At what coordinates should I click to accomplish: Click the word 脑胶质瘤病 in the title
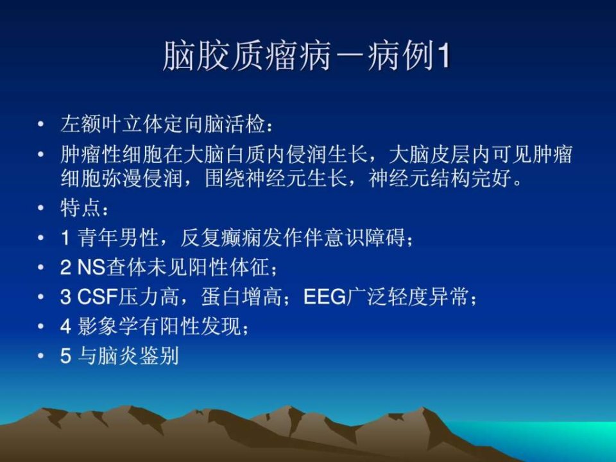246,55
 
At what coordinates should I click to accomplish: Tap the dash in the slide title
349,56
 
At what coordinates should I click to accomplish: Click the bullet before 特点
40,208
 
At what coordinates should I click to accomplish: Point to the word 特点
80,208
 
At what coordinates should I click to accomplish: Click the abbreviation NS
91,268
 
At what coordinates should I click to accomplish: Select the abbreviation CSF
98,297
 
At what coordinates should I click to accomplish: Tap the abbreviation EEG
325,297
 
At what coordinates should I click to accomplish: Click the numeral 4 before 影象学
65,327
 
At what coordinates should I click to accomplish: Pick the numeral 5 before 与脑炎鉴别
65,356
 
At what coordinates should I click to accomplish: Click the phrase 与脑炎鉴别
128,356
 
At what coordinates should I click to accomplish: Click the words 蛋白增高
241,297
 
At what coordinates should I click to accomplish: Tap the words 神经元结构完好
440,178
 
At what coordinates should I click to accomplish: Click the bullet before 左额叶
40,124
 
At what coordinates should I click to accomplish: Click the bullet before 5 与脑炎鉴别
40,356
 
